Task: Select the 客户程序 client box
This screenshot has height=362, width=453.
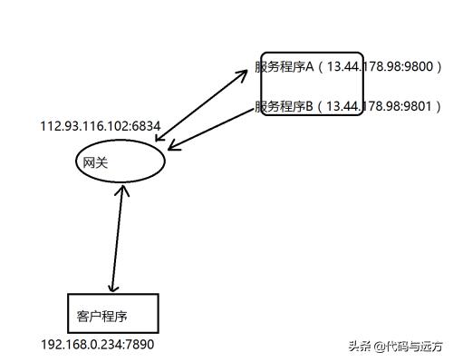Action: (113, 312)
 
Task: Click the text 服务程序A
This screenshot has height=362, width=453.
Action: (284, 66)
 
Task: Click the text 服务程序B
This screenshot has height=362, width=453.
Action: (284, 106)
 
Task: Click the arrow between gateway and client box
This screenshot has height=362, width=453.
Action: (116, 239)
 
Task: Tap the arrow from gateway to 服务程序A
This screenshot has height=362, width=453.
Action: (204, 104)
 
